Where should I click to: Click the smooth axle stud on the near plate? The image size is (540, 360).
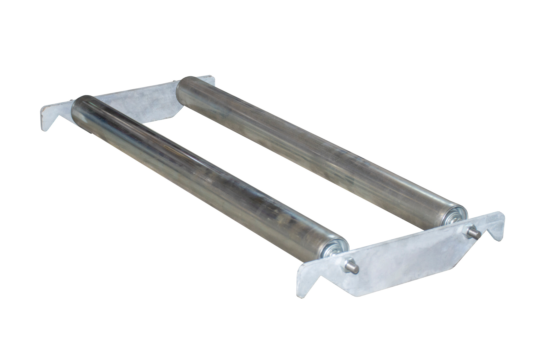click(355, 268)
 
